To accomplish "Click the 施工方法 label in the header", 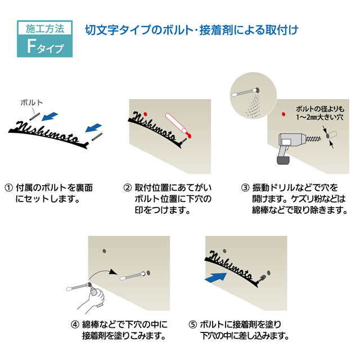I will pyautogui.click(x=40, y=27).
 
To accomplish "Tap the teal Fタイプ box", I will pyautogui.click(x=40, y=45).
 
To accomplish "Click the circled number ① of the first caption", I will pyautogui.click(x=8, y=187).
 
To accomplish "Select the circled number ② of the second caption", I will pyautogui.click(x=128, y=187).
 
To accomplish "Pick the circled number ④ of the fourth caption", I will pyautogui.click(x=74, y=324).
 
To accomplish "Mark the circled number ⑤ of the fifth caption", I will pyautogui.click(x=192, y=324).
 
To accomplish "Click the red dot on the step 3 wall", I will pyautogui.click(x=283, y=115).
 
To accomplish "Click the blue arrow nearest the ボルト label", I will pyautogui.click(x=51, y=115).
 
